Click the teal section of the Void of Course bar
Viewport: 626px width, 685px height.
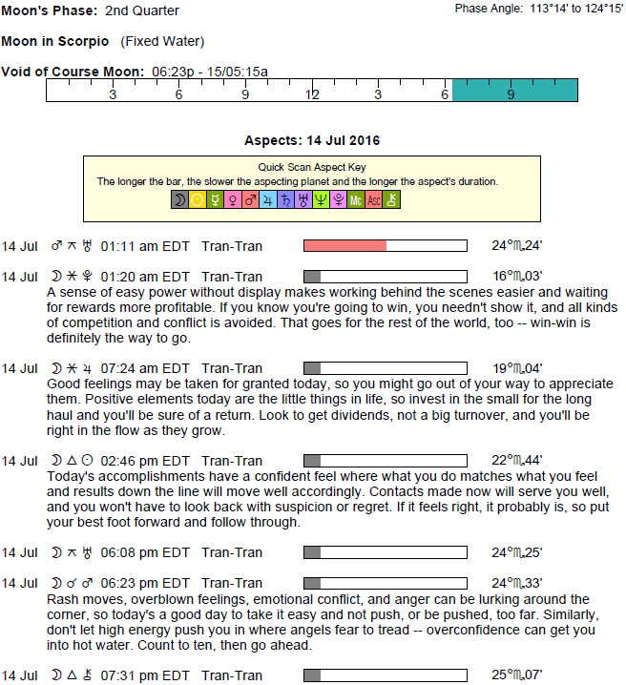[515, 90]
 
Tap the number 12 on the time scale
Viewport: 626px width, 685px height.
[312, 95]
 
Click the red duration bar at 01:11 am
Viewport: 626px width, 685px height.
[344, 246]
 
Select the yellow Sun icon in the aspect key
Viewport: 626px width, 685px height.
[198, 200]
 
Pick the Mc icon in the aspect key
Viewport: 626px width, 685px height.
[355, 200]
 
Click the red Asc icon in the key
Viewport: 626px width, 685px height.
[373, 200]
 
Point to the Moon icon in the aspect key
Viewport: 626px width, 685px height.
[179, 200]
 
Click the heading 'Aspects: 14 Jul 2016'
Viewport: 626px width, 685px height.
[312, 141]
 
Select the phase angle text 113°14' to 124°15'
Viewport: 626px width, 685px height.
[569, 9]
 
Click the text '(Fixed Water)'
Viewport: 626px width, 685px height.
[162, 41]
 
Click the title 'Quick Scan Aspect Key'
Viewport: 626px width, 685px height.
[312, 166]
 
